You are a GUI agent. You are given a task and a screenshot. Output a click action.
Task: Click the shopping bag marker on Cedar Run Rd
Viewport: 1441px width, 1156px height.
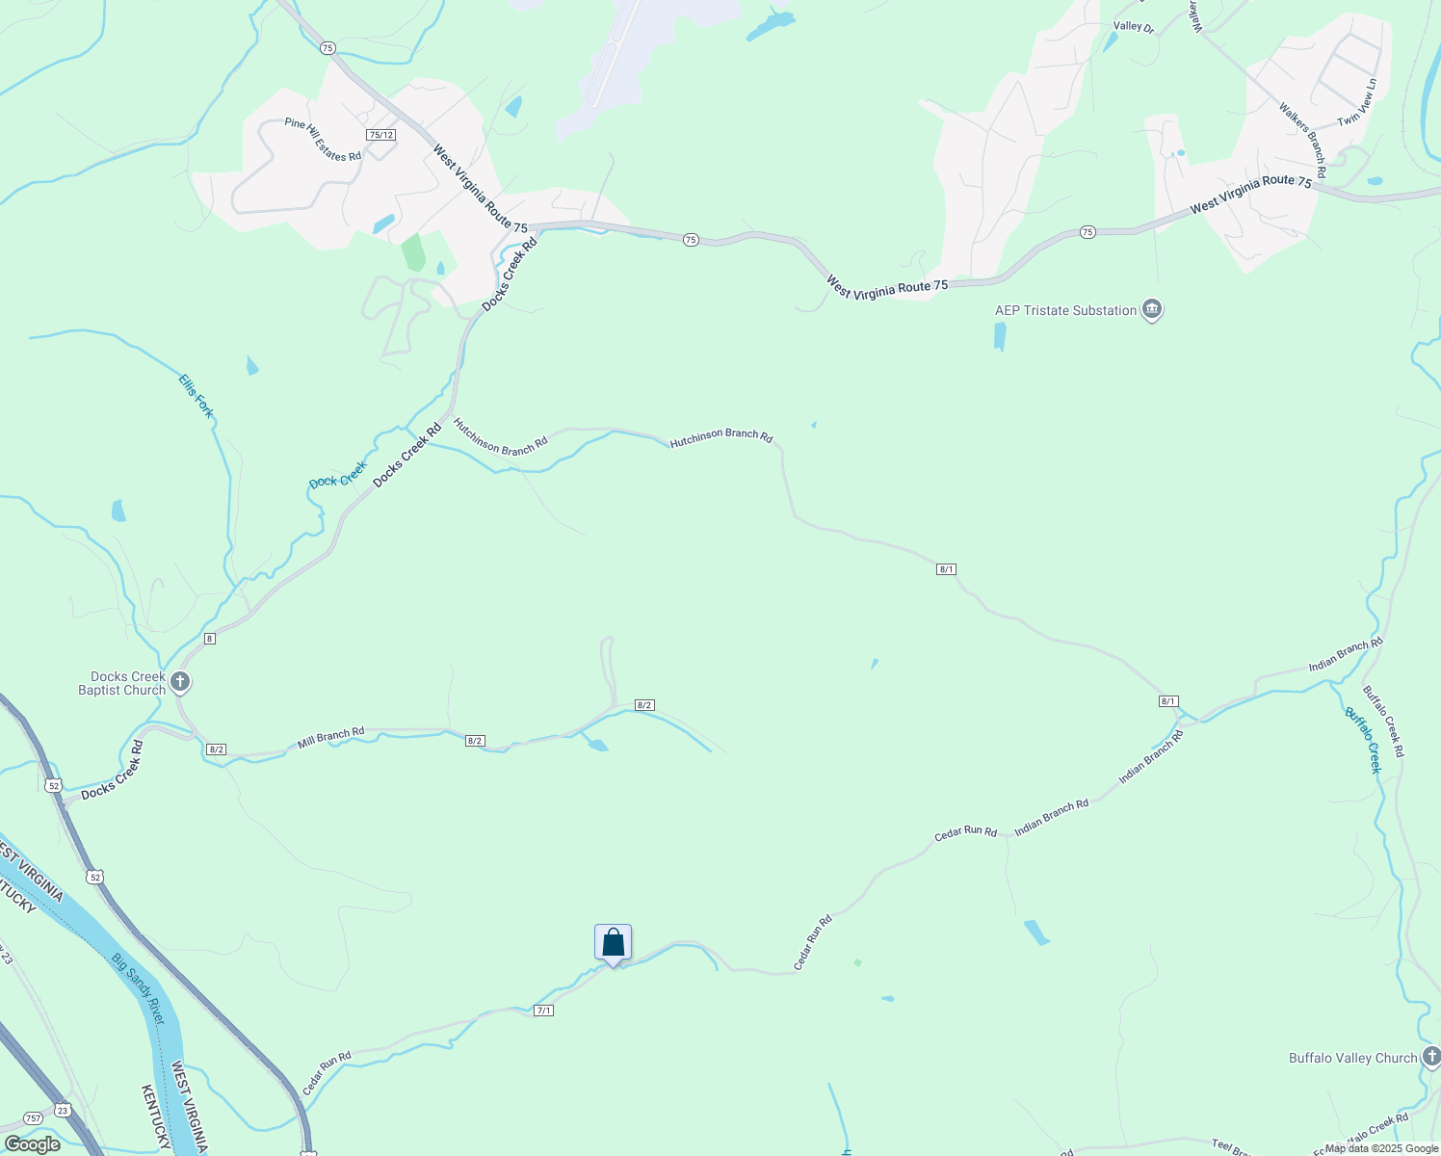point(613,943)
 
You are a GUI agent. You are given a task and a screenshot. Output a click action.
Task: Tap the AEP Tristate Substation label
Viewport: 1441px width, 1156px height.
point(1065,310)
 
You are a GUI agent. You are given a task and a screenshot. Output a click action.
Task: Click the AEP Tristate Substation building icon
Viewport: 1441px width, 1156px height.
point(1151,309)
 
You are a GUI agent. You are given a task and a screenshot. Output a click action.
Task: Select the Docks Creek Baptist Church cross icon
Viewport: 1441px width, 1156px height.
point(179,682)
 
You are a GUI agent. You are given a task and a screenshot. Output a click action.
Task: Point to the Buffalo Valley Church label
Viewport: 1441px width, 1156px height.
point(1352,1058)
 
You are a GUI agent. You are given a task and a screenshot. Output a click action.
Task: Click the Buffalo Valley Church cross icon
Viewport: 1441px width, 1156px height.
point(1432,1057)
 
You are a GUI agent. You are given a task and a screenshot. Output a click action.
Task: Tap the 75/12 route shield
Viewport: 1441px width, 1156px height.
point(381,135)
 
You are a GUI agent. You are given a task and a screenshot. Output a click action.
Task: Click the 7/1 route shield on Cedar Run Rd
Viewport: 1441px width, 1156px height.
point(543,1011)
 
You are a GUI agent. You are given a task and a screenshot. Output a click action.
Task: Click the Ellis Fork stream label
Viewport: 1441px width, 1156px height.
point(196,396)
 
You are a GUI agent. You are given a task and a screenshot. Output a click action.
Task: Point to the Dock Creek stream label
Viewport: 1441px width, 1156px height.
point(338,475)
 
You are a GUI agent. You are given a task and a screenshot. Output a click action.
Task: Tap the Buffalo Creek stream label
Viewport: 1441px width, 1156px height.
point(1363,740)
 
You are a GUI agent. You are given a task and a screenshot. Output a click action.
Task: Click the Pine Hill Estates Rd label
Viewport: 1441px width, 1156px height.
point(323,140)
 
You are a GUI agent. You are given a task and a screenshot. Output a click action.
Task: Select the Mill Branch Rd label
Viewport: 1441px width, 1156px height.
point(330,738)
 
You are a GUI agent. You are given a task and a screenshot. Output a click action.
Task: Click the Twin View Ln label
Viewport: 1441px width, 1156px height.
point(1357,102)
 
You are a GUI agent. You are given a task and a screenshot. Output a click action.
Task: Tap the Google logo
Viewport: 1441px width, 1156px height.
point(32,1144)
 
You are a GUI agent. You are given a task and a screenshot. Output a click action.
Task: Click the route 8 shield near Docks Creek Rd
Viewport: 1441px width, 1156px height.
point(209,639)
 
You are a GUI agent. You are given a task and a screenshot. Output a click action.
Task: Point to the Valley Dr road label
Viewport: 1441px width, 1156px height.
point(1133,27)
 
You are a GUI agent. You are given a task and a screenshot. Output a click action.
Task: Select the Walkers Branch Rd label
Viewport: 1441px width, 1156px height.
point(1302,139)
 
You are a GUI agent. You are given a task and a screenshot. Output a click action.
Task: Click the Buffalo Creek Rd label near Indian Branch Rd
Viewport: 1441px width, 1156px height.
point(1383,721)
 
